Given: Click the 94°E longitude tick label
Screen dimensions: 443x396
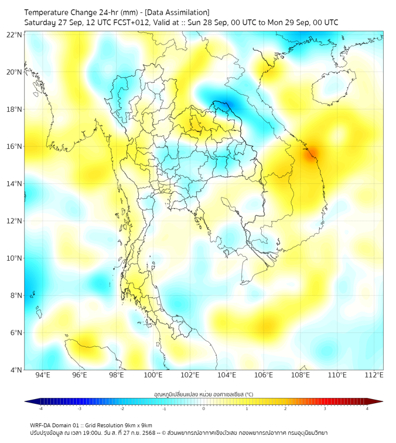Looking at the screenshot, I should click(x=43, y=375).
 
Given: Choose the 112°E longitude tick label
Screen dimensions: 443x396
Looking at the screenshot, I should click(x=374, y=375).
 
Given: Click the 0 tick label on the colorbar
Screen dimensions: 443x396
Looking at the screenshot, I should click(x=204, y=408).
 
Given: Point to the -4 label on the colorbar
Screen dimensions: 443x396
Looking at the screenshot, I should click(x=40, y=408).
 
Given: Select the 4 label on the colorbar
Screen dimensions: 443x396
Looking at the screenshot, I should click(x=367, y=408).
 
